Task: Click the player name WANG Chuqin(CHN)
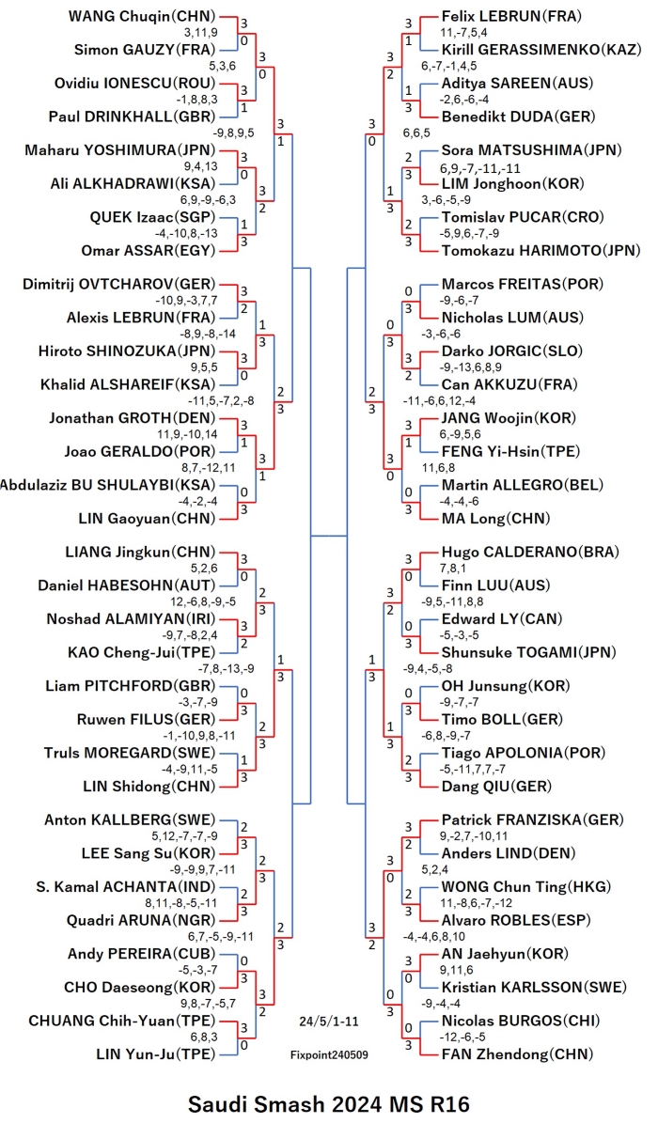pos(142,16)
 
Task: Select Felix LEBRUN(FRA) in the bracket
pos(511,16)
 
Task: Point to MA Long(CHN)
pos(495,518)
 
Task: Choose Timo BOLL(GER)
pos(502,719)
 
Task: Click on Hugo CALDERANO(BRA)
pos(530,552)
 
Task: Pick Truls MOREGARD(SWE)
pos(130,753)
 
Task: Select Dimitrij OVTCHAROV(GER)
pos(119,284)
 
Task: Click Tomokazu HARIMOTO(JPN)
pos(540,250)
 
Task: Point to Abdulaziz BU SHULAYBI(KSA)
pos(108,485)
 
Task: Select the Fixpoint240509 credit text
pos(329,1054)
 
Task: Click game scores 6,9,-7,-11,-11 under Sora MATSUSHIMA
pos(480,168)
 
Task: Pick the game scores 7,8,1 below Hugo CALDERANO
pos(452,568)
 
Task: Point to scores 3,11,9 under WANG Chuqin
pos(201,33)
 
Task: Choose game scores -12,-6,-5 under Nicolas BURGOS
pos(462,1037)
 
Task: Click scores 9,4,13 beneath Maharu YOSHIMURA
pos(201,166)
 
